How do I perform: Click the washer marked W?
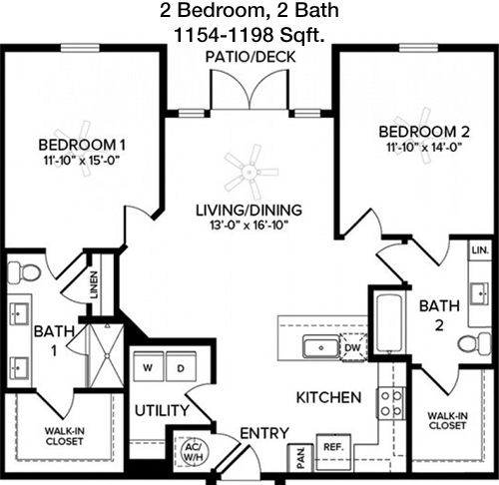(x=148, y=366)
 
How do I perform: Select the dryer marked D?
(x=181, y=366)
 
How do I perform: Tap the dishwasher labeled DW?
(x=353, y=347)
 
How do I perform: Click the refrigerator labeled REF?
(x=333, y=452)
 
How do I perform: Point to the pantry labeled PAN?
(x=300, y=458)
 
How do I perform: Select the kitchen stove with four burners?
(x=391, y=403)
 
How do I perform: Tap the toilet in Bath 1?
(x=23, y=272)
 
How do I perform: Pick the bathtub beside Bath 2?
(x=389, y=322)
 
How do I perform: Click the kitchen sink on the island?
(x=321, y=347)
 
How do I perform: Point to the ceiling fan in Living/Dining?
(x=250, y=172)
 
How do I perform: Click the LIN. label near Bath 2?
(x=480, y=250)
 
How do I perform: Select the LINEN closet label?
(x=95, y=285)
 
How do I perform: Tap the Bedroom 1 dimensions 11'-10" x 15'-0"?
(x=82, y=161)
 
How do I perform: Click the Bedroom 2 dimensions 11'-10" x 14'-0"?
(x=424, y=147)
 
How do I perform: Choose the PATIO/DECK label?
(x=250, y=57)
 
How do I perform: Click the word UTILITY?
(x=162, y=410)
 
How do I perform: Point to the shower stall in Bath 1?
(x=107, y=355)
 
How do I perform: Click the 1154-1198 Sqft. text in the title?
(x=249, y=35)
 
